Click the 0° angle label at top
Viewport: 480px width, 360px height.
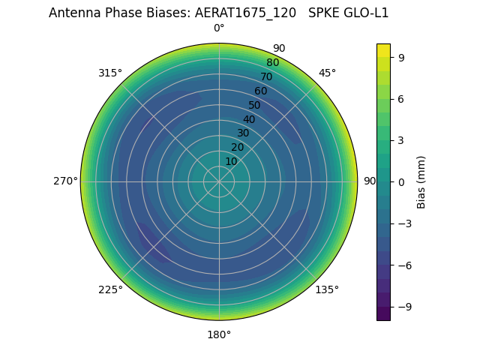219,28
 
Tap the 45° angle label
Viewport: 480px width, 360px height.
327,73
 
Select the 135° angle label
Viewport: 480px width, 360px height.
327,289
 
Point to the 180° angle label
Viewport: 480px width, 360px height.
219,334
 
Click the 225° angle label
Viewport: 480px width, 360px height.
110,290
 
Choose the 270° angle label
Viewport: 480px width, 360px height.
65,181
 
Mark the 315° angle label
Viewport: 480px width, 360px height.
110,73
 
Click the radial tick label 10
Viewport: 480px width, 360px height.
231,161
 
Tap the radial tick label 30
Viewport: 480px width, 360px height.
243,133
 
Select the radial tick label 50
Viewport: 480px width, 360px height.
255,106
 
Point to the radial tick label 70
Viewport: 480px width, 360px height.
266,77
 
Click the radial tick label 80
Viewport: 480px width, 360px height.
272,63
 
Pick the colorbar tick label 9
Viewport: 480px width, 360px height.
402,57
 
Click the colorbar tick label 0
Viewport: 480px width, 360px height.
402,182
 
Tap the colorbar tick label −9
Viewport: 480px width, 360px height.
405,307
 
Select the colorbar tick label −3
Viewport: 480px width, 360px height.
405,223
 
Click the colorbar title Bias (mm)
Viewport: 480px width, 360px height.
421,182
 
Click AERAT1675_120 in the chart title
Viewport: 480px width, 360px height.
249,13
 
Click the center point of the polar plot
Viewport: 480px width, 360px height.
219,181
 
